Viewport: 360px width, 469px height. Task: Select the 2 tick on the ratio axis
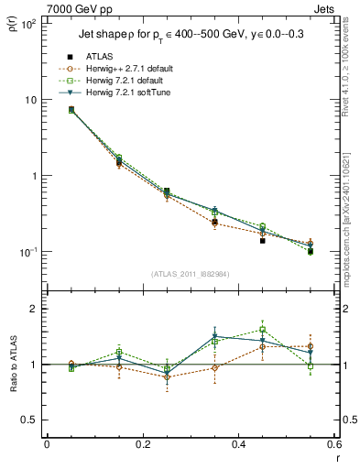point(32,309)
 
